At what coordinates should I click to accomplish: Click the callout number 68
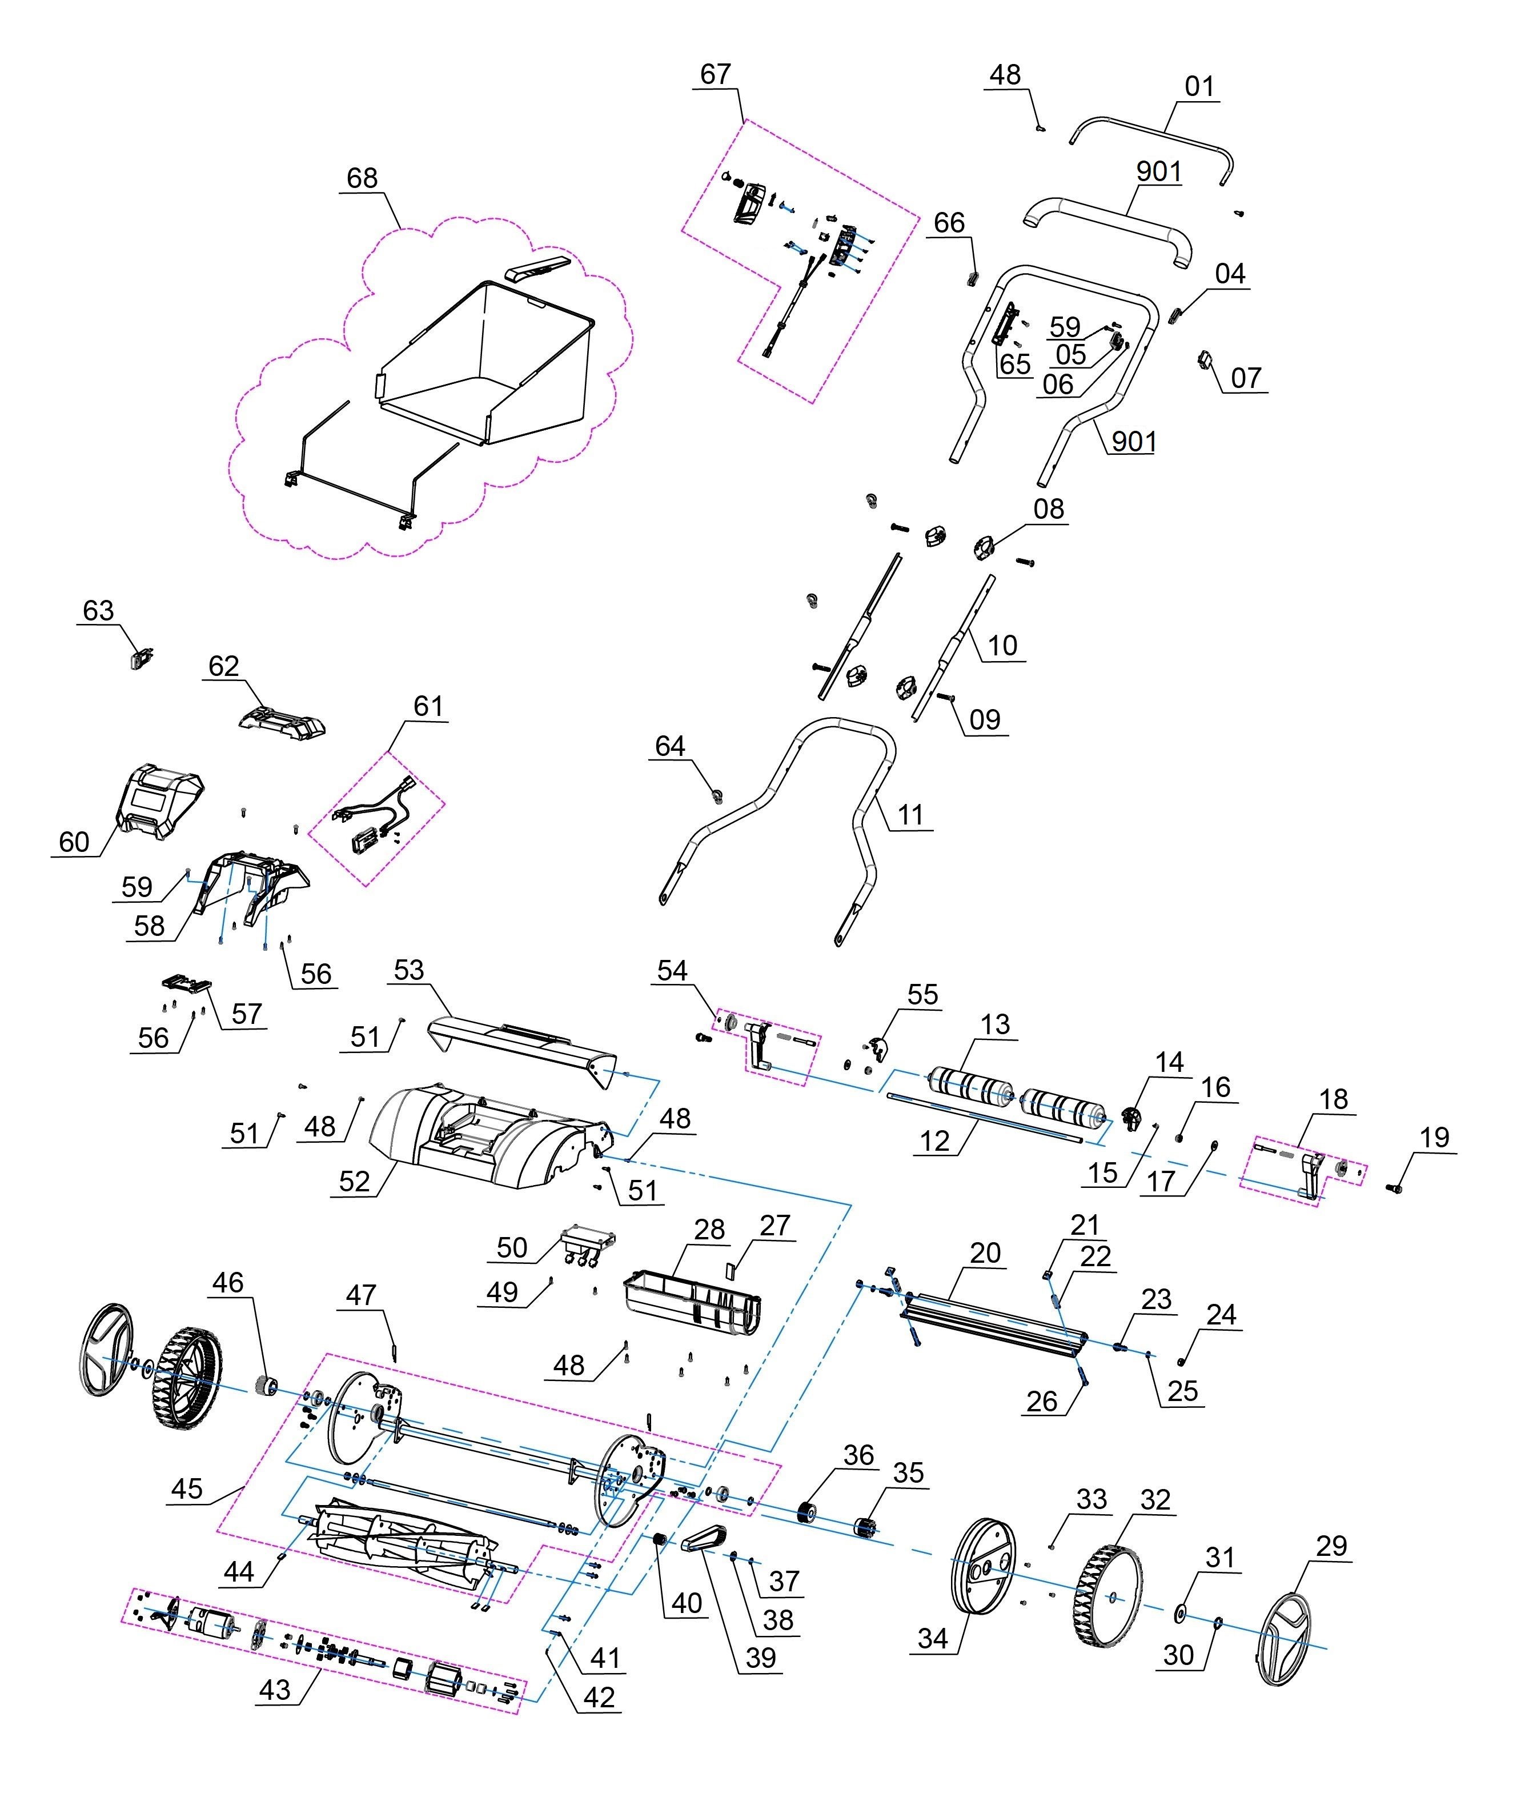[362, 178]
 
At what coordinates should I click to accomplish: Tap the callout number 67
[715, 75]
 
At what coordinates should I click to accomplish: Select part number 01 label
[1199, 87]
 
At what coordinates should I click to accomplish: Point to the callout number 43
[275, 1689]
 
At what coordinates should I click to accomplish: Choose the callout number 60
[74, 842]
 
